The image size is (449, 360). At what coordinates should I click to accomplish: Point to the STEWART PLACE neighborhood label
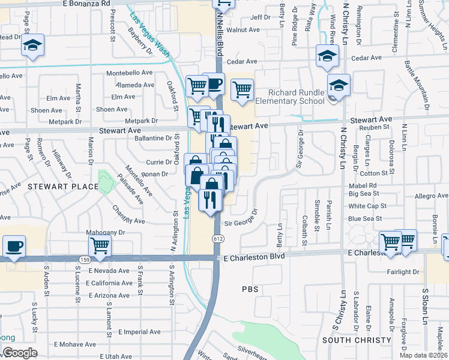click(62, 187)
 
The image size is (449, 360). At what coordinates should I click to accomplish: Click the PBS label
click(250, 289)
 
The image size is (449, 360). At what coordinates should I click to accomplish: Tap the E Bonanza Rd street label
click(87, 4)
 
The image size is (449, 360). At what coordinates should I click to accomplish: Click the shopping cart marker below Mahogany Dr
click(100, 245)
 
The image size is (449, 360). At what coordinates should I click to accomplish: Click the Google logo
click(20, 352)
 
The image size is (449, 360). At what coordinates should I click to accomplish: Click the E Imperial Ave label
click(139, 332)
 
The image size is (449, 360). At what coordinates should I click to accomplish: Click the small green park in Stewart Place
click(106, 182)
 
